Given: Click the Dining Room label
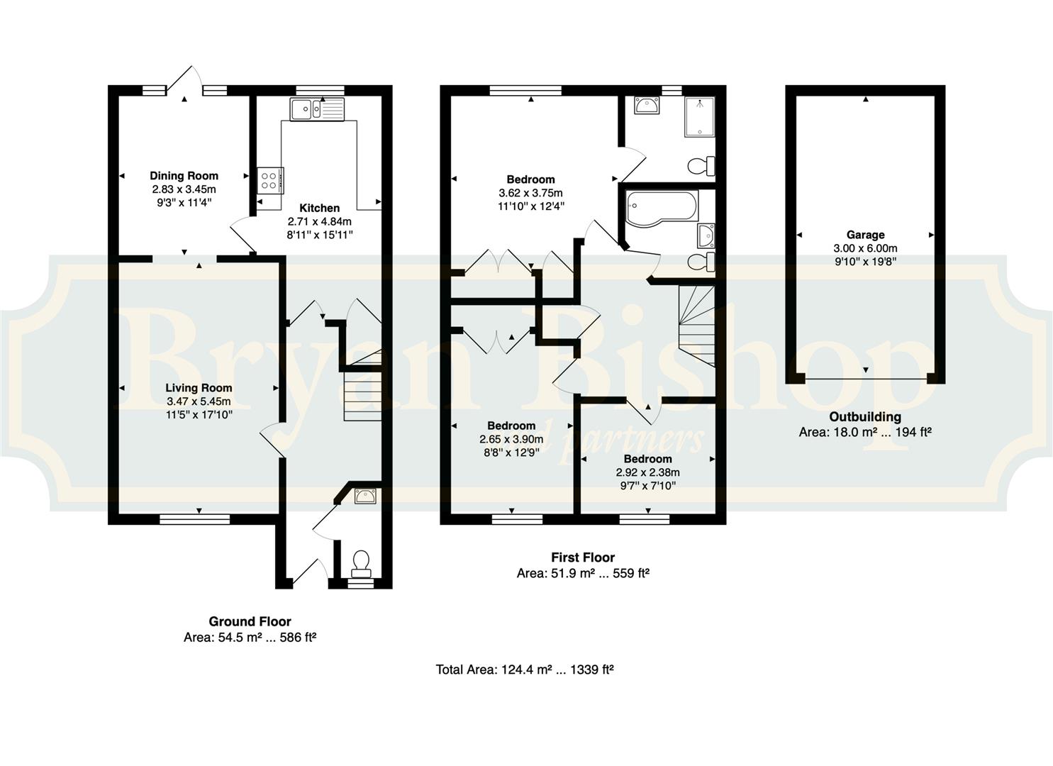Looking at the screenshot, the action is [x=184, y=176].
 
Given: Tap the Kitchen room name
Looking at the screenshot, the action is [x=320, y=208].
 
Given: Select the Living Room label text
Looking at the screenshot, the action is [x=199, y=388].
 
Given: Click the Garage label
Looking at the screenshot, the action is [x=865, y=235].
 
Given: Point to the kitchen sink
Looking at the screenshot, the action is [x=317, y=109].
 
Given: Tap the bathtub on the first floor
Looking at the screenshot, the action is [x=662, y=209].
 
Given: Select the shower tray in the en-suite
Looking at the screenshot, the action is [x=699, y=117].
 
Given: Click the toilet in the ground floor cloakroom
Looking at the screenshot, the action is [x=362, y=563].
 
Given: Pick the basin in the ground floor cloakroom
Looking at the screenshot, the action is [x=365, y=496].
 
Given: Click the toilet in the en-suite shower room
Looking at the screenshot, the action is [x=701, y=165].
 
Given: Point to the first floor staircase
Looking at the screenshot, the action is [x=696, y=326].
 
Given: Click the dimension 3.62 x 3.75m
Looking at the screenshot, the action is [x=530, y=193].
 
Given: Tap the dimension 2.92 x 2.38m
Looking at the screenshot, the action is [x=648, y=472].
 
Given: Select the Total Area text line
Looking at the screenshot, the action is [x=525, y=669].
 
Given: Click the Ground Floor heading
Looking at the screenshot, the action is [x=250, y=621].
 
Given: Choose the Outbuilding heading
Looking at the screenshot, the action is [x=865, y=416].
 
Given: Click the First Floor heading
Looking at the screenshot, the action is [x=583, y=557].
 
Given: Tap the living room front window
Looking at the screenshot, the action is [x=194, y=519].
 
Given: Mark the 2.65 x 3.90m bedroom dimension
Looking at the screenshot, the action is [x=511, y=439].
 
